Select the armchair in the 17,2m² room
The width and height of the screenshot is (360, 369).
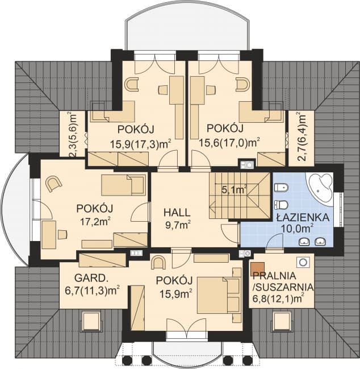[x=53, y=184]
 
